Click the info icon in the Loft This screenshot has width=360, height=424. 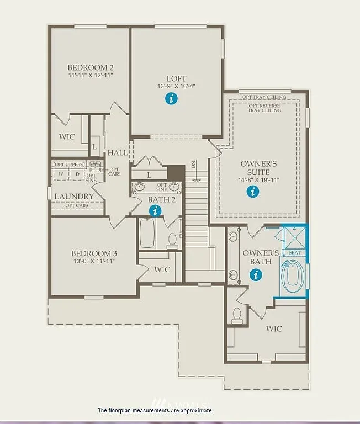point(172,99)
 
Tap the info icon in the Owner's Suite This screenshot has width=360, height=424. point(253,192)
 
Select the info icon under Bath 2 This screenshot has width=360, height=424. point(156,210)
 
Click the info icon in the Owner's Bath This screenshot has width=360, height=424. point(256,274)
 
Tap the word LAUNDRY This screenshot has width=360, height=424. point(74,196)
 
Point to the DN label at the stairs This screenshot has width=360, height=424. point(193,165)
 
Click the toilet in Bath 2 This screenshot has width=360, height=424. point(172,240)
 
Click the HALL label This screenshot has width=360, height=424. point(118,152)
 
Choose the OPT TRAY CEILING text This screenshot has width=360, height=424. point(264,97)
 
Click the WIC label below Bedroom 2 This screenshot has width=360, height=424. point(67,136)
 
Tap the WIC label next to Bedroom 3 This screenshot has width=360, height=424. point(161,269)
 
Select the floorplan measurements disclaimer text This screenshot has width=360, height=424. point(155,410)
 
